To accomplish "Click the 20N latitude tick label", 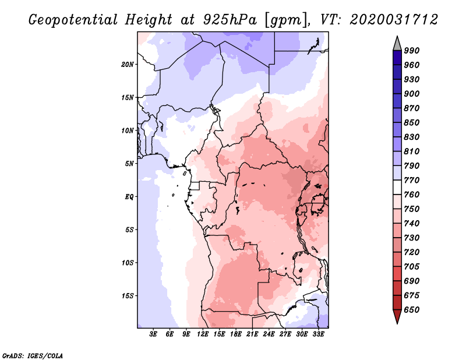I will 128,64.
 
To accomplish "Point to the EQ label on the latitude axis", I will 129,196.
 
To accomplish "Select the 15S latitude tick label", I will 128,295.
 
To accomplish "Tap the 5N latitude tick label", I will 129,163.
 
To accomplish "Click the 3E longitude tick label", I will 153,334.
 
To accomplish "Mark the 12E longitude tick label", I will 203,334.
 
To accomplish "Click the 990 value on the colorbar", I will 412,51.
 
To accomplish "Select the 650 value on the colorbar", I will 412,310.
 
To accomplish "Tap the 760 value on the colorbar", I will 412,195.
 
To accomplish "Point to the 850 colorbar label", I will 412,123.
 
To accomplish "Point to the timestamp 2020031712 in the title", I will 394,20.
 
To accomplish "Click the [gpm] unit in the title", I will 284,20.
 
